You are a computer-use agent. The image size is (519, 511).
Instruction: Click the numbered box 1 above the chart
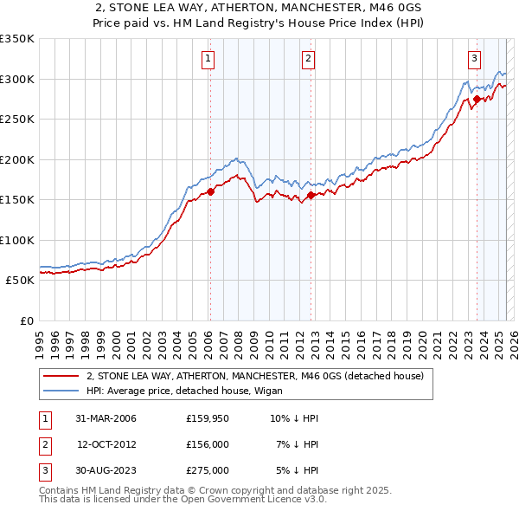click(x=209, y=59)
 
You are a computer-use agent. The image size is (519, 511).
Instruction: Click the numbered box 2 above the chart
click(x=309, y=59)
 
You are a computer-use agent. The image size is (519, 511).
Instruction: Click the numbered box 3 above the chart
click(x=475, y=59)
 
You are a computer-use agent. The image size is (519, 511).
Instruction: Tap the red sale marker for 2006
click(x=210, y=192)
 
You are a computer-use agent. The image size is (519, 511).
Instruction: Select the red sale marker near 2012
click(x=311, y=195)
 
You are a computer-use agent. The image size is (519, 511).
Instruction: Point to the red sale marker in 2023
click(x=477, y=100)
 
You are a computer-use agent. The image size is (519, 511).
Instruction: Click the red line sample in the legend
click(x=61, y=377)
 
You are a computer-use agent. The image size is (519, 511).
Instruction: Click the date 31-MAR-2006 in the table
click(x=106, y=418)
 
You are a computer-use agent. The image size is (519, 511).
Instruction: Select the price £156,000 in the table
click(x=208, y=444)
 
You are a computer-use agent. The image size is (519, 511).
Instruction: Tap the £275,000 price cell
click(x=208, y=470)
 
